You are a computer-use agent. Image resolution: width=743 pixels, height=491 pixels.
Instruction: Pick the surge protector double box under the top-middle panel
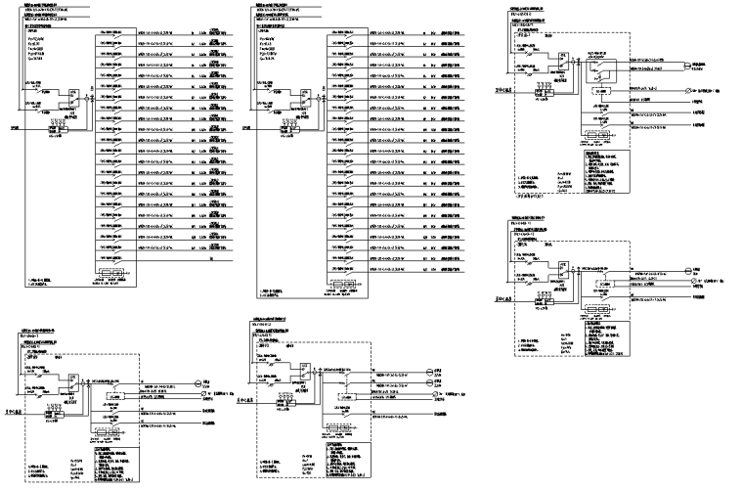[x=344, y=287]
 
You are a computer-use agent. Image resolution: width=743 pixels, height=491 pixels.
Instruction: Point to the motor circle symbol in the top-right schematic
[x=684, y=67]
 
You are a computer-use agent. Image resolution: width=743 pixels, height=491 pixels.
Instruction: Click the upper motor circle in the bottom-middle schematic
[x=427, y=373]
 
